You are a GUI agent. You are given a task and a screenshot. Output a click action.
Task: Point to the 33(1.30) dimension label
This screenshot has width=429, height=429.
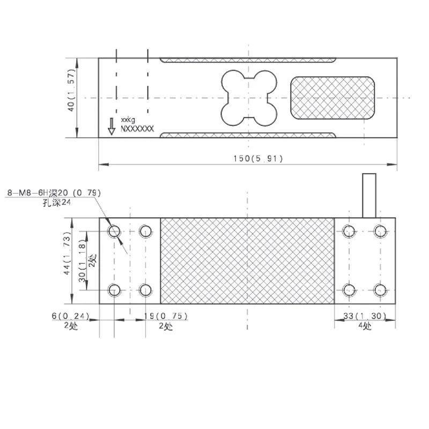tap(365, 316)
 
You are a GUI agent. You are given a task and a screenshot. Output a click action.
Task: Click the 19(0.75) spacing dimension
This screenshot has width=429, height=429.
tap(166, 316)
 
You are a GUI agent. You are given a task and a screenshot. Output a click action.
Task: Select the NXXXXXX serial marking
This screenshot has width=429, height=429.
tap(137, 129)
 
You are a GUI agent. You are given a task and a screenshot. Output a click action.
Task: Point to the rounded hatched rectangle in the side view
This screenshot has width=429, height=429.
tap(332, 98)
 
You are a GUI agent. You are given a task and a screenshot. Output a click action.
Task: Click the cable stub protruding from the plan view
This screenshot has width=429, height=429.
tap(369, 195)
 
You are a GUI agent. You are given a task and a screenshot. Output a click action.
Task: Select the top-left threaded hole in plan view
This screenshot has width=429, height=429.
tap(114, 232)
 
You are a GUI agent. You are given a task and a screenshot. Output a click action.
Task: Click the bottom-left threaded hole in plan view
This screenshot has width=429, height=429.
tap(114, 290)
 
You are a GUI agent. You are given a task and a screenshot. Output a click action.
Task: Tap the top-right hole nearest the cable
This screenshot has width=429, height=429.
tap(380, 232)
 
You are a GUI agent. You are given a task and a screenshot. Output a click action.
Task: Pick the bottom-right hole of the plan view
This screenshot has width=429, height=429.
tap(380, 290)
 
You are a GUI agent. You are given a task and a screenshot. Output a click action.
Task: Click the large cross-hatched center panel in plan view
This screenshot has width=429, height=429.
tap(247, 261)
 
